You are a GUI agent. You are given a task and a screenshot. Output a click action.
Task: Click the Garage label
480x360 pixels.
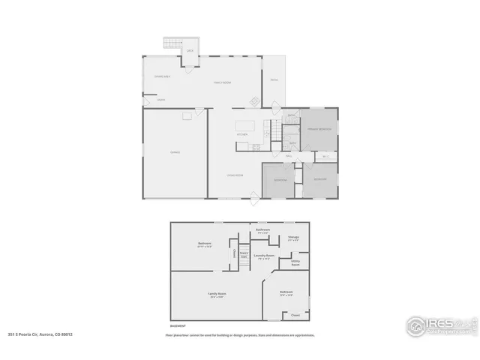click(x=175, y=152)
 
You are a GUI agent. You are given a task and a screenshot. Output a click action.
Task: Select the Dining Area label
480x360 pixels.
click(x=162, y=77)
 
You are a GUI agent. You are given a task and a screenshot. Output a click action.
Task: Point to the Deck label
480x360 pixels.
click(x=190, y=51)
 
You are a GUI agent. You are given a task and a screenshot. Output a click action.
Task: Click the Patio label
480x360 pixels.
click(x=274, y=79)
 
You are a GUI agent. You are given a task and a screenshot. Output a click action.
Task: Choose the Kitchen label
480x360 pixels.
click(x=242, y=134)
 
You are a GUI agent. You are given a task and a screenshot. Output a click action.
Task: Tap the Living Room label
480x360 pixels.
click(x=235, y=175)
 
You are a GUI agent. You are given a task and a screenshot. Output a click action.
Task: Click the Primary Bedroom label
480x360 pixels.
click(x=319, y=130)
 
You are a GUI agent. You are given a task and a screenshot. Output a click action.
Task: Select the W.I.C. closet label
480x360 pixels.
click(x=326, y=156)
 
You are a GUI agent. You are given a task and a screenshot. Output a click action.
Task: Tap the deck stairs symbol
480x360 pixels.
click(x=173, y=43)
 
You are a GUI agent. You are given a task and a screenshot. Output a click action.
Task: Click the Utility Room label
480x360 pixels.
click(x=295, y=262)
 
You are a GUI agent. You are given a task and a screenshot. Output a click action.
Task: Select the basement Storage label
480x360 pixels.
click(x=294, y=238)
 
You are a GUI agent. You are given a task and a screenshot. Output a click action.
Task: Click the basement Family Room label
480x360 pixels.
click(x=217, y=294)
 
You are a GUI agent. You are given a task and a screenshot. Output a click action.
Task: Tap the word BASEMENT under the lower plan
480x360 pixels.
click(x=178, y=326)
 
